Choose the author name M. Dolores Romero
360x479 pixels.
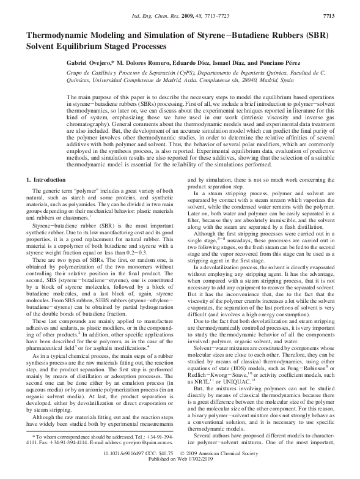pos(143,63)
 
